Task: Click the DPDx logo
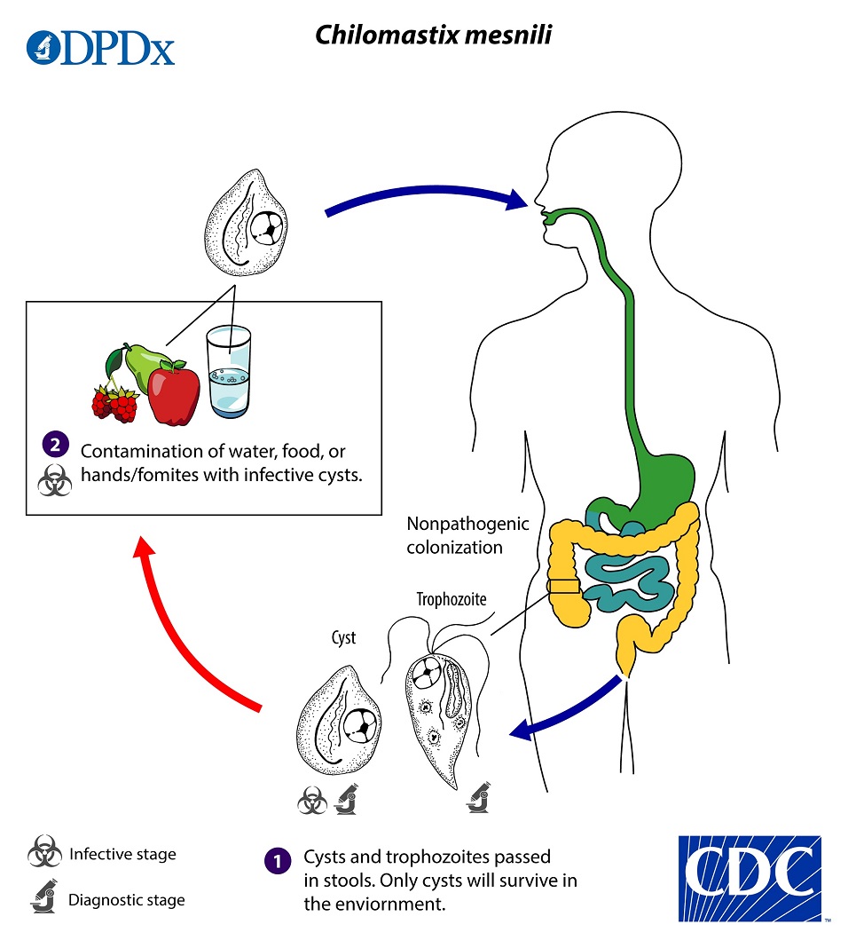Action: point(100,48)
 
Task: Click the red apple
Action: point(173,394)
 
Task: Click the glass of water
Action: point(228,373)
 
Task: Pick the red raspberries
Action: point(115,404)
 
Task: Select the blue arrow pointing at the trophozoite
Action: point(568,710)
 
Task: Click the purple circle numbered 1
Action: point(278,860)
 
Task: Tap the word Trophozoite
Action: point(452,599)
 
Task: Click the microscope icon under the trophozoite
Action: point(478,798)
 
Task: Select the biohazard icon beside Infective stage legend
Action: point(43,854)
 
